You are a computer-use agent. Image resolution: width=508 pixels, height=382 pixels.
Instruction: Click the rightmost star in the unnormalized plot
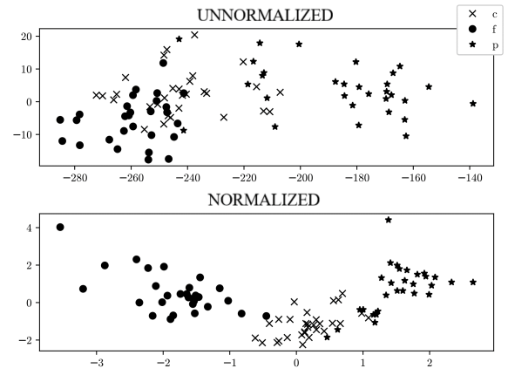pyautogui.click(x=473, y=104)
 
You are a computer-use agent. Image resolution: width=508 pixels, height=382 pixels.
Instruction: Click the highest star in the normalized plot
pyautogui.click(x=389, y=220)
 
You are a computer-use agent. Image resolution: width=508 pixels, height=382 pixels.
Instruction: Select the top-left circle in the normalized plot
pyautogui.click(x=60, y=228)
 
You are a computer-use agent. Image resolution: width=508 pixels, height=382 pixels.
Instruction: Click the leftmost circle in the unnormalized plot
pyautogui.click(x=60, y=120)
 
